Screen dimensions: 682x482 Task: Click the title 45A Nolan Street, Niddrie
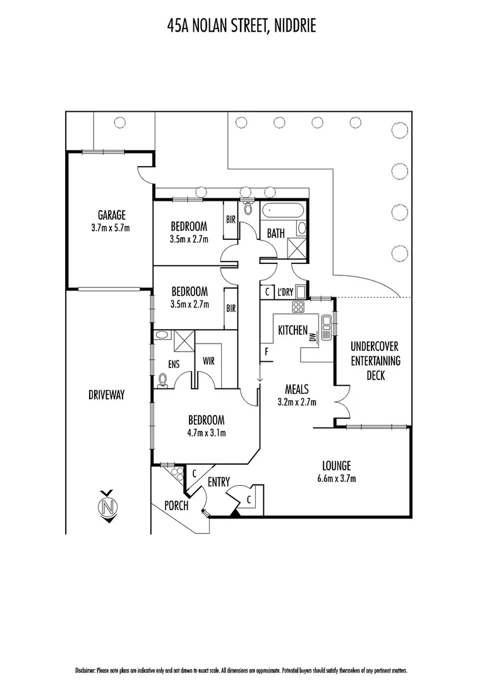coord(241,25)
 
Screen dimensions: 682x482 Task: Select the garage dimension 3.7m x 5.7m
coord(110,227)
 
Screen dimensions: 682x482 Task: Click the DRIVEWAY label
coord(107,395)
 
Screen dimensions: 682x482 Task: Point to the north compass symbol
coord(109,506)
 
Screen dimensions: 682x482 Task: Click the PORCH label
coord(176,505)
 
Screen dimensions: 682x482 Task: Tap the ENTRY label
coord(219,482)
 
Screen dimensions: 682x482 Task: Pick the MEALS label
coord(296,389)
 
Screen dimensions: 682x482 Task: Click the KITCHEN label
coord(293,330)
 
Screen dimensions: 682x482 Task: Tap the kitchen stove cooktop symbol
coord(298,307)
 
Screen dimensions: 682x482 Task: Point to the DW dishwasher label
coord(312,338)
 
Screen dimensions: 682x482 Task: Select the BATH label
coord(276,233)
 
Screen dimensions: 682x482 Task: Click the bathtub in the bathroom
coord(283,210)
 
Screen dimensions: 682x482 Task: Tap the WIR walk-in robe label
coord(209,362)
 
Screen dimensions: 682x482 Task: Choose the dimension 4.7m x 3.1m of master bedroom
coord(207,433)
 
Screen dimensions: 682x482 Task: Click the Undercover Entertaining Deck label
coord(375,361)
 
